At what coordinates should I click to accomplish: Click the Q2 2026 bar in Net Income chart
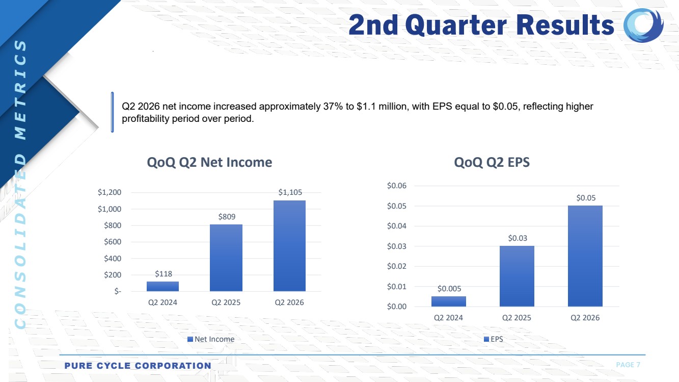[x=289, y=246]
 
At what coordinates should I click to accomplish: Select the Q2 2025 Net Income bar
[x=226, y=258]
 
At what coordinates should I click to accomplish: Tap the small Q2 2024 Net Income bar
[x=162, y=286]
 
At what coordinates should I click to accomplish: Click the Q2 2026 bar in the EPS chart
[x=585, y=256]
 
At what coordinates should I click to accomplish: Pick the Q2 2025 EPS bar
[x=517, y=276]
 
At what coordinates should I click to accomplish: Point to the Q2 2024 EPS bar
[x=448, y=301]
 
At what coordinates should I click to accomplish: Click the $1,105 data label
[x=290, y=192]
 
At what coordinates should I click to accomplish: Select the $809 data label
[x=227, y=217]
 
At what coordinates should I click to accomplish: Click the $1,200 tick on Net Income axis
[x=110, y=193]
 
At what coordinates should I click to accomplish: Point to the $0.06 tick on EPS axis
[x=396, y=186]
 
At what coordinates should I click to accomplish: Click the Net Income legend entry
[x=211, y=339]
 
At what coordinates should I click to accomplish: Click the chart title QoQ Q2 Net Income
[x=209, y=163]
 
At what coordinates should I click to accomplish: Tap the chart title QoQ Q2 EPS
[x=492, y=163]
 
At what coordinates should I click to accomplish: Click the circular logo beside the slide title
[x=643, y=25]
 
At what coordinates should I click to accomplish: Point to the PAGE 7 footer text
[x=628, y=365]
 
